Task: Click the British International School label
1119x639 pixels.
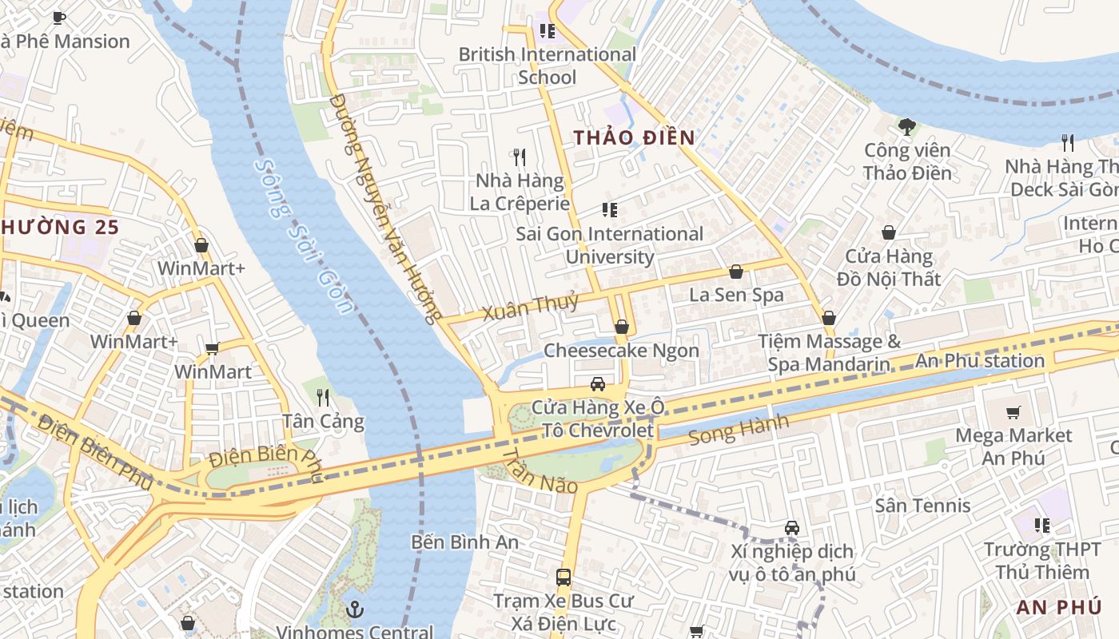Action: pos(547,65)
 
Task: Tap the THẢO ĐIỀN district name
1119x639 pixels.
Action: pos(634,137)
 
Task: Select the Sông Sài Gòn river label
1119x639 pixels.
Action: pos(303,236)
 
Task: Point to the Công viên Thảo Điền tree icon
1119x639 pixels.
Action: pos(906,126)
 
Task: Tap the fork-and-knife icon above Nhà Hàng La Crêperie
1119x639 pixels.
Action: pos(520,157)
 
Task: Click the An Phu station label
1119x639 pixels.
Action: pos(979,360)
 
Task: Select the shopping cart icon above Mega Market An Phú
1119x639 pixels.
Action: pos(1013,412)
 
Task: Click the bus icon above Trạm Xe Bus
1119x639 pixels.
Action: pos(563,577)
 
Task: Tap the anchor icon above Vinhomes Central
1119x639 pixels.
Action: pos(355,610)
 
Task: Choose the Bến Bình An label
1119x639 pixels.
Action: pos(464,542)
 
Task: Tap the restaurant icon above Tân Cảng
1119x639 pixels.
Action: pos(323,397)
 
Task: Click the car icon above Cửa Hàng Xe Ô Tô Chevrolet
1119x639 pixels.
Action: pos(597,384)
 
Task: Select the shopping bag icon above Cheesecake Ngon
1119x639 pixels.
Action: pos(621,327)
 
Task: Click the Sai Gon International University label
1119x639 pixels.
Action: pos(609,245)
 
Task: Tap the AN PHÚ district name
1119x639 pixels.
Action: pos(1058,607)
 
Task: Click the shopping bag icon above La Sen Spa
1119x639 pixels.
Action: pos(736,272)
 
